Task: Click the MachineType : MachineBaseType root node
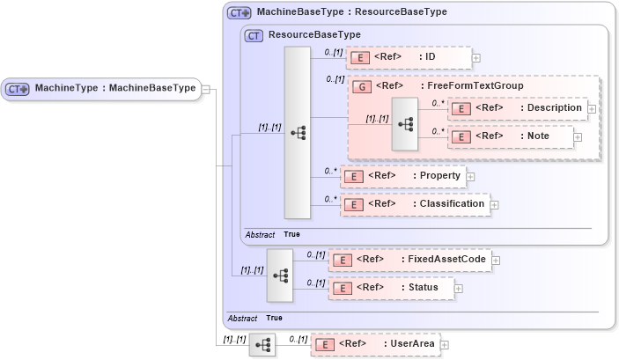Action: coord(101,88)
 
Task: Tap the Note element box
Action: coord(510,136)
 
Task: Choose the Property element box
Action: coord(402,176)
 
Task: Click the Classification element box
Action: coord(413,204)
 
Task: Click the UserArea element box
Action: coord(375,344)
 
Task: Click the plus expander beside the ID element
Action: coord(476,58)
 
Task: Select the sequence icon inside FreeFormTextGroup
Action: coord(405,124)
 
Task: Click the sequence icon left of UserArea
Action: coord(262,345)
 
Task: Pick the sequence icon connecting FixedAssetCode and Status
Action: coord(280,275)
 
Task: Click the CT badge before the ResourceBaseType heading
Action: coord(254,35)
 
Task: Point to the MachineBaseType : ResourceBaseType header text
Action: coord(351,12)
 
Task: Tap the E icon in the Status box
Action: coord(343,288)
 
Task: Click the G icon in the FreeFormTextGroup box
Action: coord(361,86)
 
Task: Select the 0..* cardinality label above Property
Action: coord(330,171)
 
